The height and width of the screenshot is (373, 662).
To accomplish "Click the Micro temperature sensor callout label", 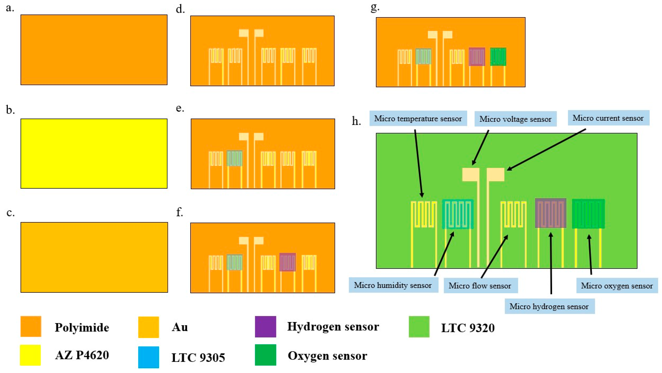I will point(418,119).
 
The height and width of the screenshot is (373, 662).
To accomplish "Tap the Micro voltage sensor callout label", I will point(515,119).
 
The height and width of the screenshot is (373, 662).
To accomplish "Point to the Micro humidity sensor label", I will point(393,285).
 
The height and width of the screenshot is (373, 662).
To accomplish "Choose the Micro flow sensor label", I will point(480,286).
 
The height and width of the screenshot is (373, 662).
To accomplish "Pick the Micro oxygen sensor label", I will point(617,286).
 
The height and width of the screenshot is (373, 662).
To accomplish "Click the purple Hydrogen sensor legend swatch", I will point(266,326).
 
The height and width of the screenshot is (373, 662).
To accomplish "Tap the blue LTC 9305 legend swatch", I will point(149,357).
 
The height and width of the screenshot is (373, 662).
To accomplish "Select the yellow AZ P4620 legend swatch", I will point(30,355).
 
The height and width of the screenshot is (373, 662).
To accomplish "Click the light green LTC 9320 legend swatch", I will point(419,326).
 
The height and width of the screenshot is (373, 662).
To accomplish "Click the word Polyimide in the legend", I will point(82,327).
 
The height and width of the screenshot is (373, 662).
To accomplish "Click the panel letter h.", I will point(356,121).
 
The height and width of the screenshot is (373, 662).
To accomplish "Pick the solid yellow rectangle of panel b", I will point(94,153).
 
